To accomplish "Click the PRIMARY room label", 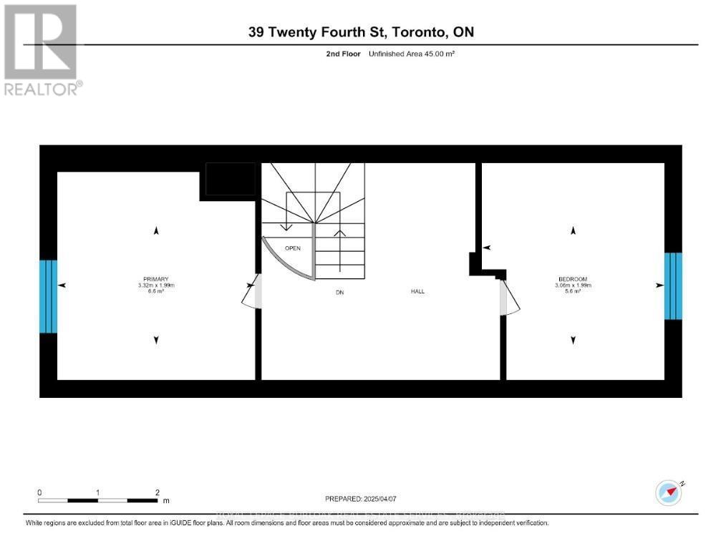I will pos(156,279).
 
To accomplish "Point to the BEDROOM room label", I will pos(573,279).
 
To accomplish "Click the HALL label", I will pos(417,291).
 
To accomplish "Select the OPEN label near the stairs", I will pos(293,248).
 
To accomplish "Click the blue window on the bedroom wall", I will pos(673,286).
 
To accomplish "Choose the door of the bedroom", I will pos(510,297).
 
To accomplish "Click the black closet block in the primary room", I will pos(230,179).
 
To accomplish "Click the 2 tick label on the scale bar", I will pos(157,493).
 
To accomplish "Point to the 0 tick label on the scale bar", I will pos(40,493).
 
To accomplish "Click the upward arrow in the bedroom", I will pos(573,230).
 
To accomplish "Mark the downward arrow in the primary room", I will pos(156,341).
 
